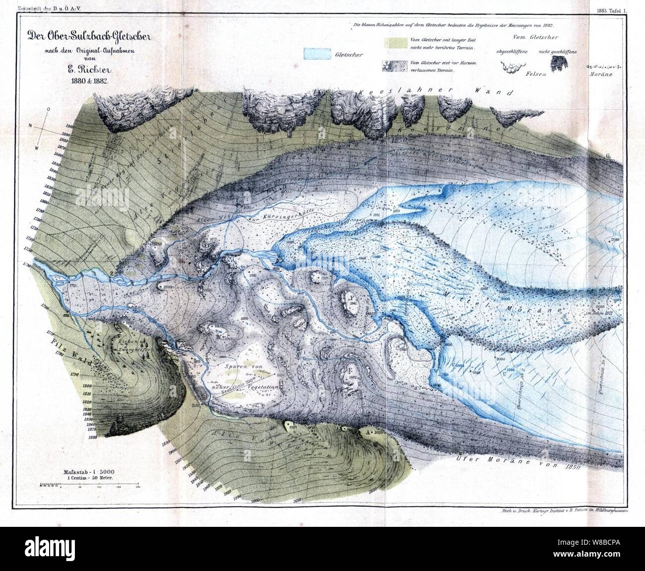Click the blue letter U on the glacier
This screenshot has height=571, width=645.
pos(505,375)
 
